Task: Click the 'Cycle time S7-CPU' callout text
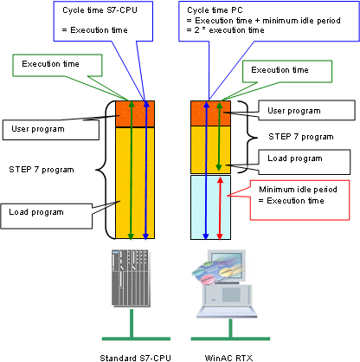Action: click(100, 10)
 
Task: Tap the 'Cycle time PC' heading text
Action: click(215, 10)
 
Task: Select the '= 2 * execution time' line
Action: click(225, 30)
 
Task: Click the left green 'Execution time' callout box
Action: click(57, 65)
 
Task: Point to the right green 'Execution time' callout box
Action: click(287, 71)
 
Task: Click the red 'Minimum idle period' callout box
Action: click(299, 200)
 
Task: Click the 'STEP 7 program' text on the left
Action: click(42, 170)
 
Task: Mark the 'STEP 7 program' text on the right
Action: click(301, 137)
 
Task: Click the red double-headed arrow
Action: click(220, 208)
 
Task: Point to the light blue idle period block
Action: click(210, 207)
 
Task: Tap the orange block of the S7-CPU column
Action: click(135, 113)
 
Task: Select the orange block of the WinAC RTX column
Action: click(210, 113)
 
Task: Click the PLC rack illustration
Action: click(131, 278)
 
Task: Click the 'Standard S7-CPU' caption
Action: click(135, 358)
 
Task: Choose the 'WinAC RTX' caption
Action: click(228, 358)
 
